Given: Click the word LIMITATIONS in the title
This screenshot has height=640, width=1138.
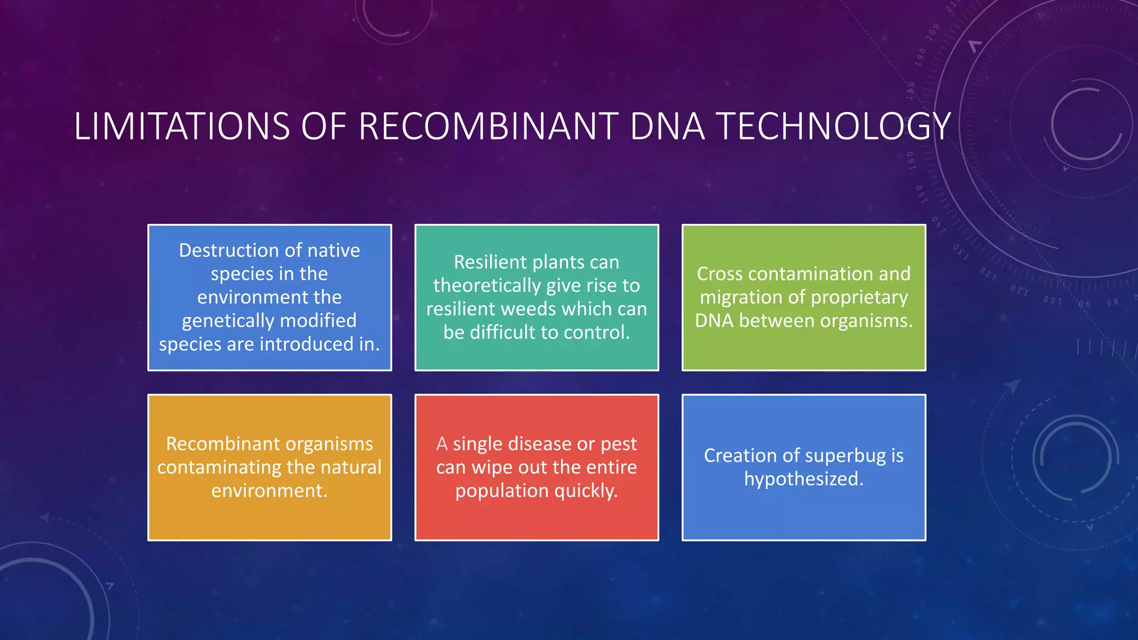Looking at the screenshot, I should tap(182, 127).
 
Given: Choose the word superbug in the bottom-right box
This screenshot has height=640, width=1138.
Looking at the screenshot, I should tap(845, 456).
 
